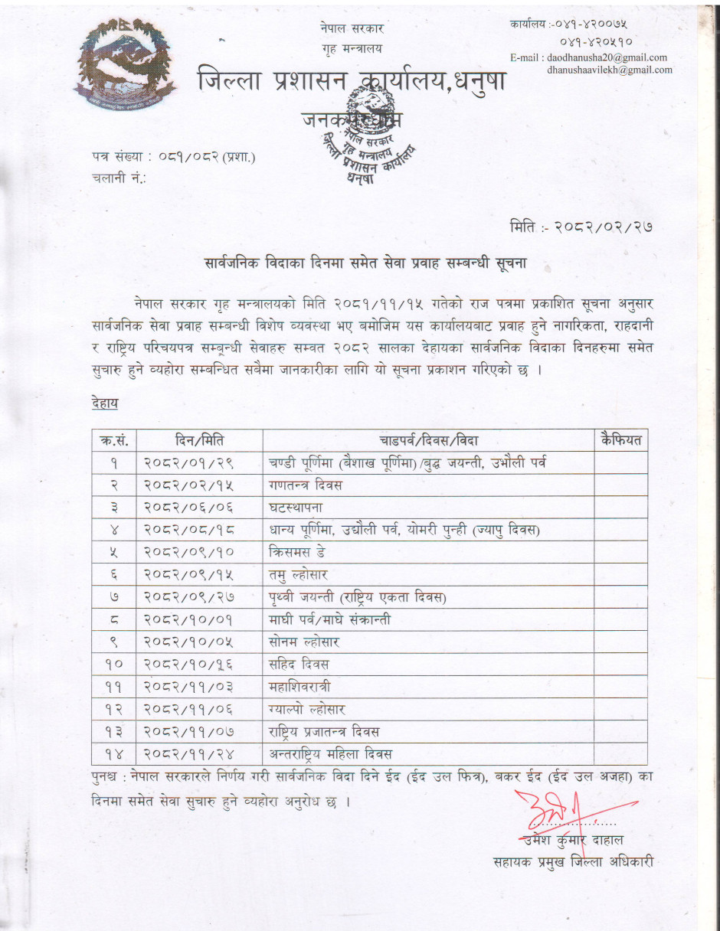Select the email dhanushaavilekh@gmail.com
[610, 70]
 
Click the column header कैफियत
[621, 440]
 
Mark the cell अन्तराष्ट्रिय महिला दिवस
[331, 754]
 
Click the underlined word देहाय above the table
[104, 402]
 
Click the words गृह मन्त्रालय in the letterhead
[352, 49]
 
